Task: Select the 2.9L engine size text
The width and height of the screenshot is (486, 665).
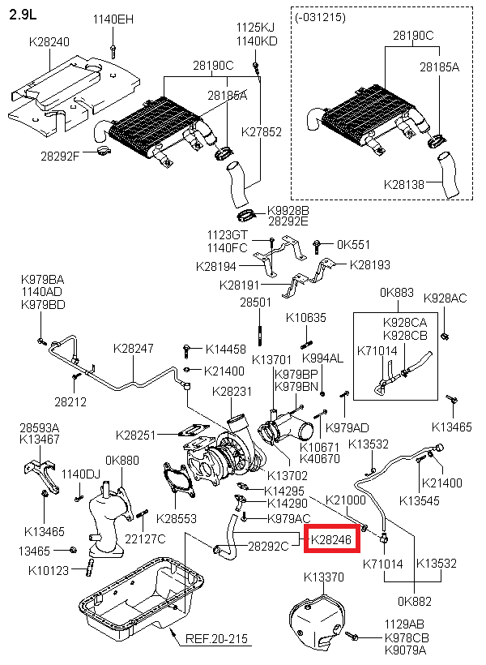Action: pyautogui.click(x=23, y=15)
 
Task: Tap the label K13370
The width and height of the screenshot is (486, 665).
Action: pyautogui.click(x=324, y=577)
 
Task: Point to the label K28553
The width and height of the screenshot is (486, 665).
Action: pyautogui.click(x=177, y=518)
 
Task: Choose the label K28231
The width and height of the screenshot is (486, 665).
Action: pyautogui.click(x=232, y=391)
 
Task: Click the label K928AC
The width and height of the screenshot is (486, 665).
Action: pyautogui.click(x=446, y=298)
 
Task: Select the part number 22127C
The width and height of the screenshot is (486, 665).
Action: pyautogui.click(x=145, y=538)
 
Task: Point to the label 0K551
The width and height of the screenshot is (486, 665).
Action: pyautogui.click(x=353, y=243)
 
